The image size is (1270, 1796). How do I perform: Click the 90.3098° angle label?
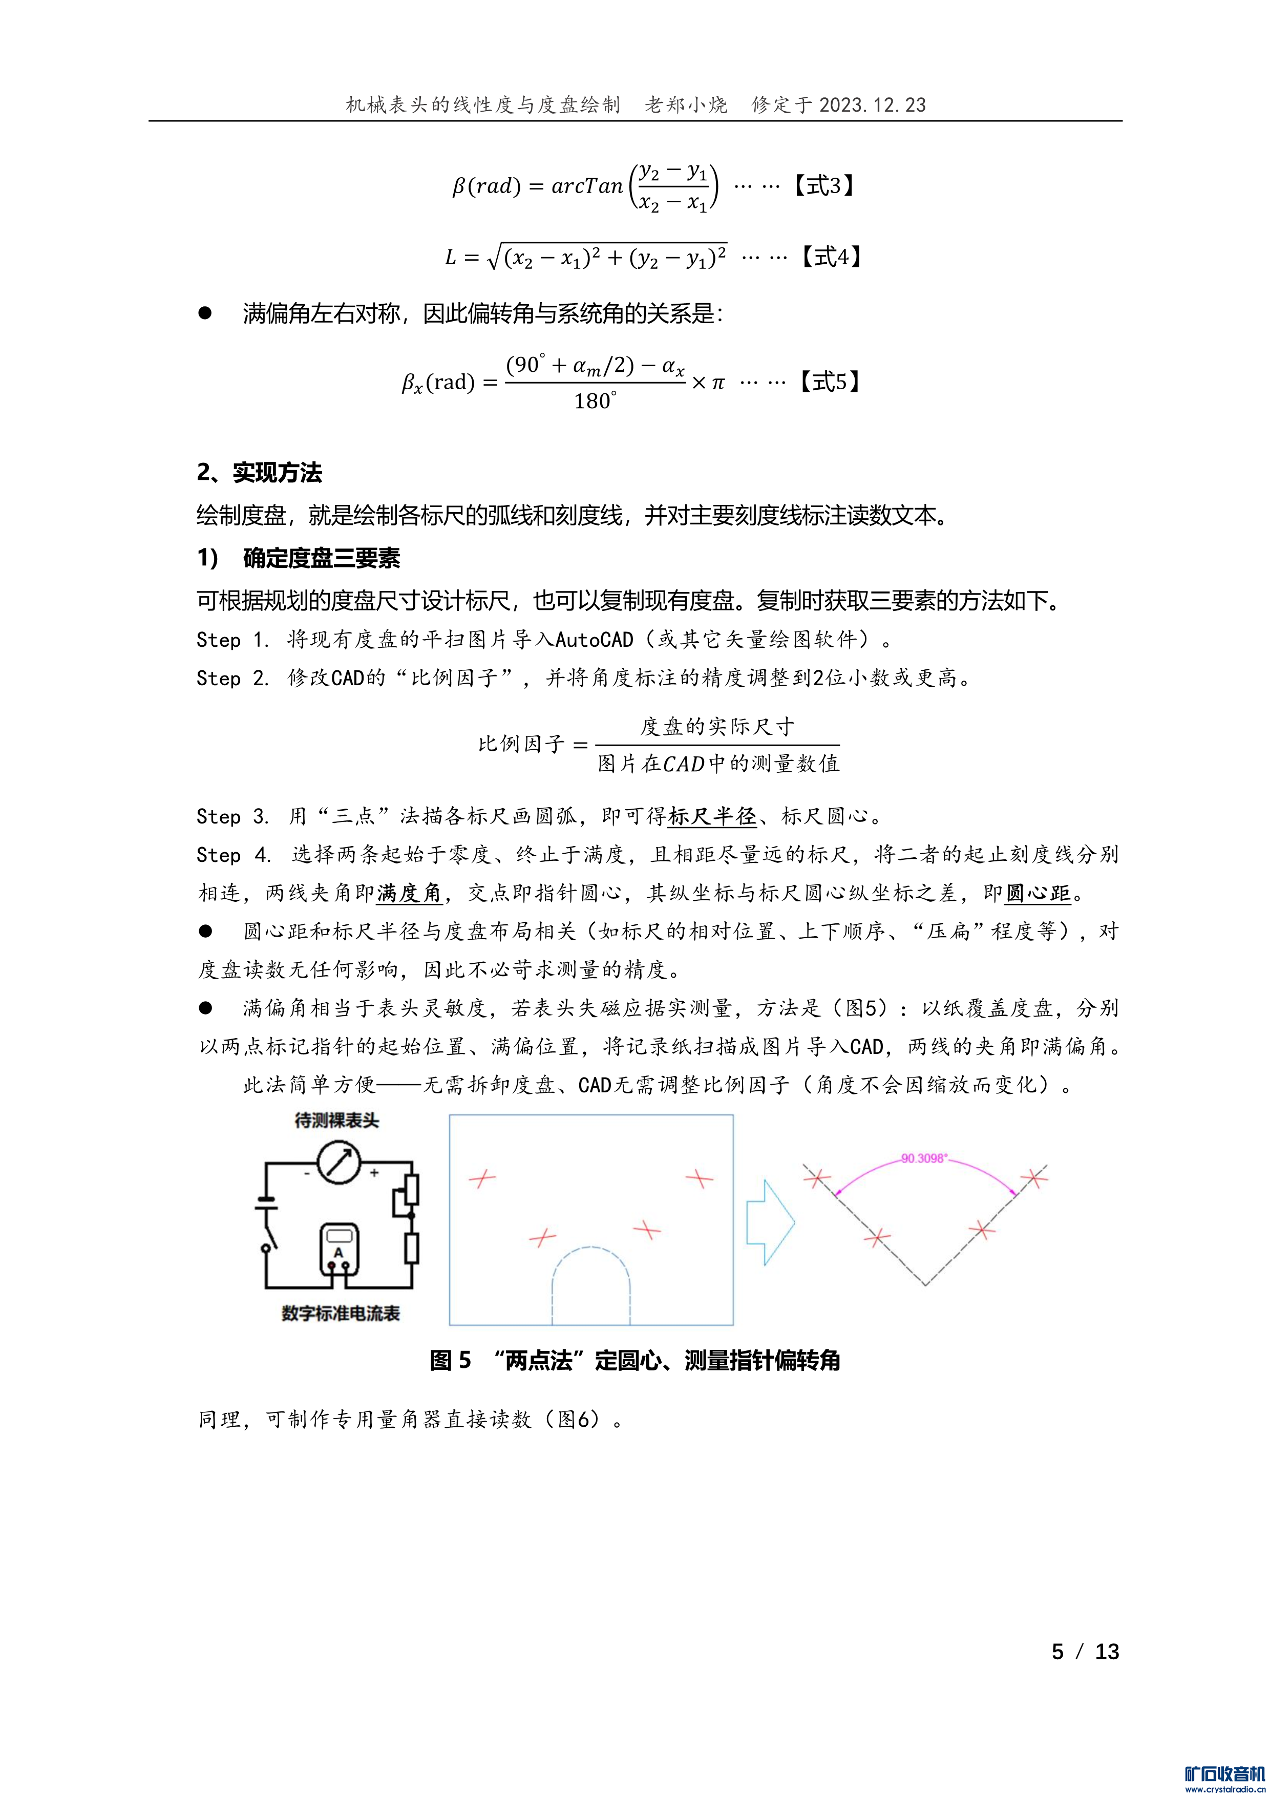point(923,1158)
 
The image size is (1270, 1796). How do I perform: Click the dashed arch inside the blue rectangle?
point(591,1265)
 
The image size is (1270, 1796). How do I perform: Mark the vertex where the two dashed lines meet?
point(925,1284)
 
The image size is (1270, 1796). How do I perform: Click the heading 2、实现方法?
point(259,473)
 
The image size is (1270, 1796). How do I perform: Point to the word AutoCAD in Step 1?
point(594,640)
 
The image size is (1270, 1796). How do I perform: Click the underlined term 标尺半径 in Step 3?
point(712,817)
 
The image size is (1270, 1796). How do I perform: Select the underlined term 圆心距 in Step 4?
point(1037,893)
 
